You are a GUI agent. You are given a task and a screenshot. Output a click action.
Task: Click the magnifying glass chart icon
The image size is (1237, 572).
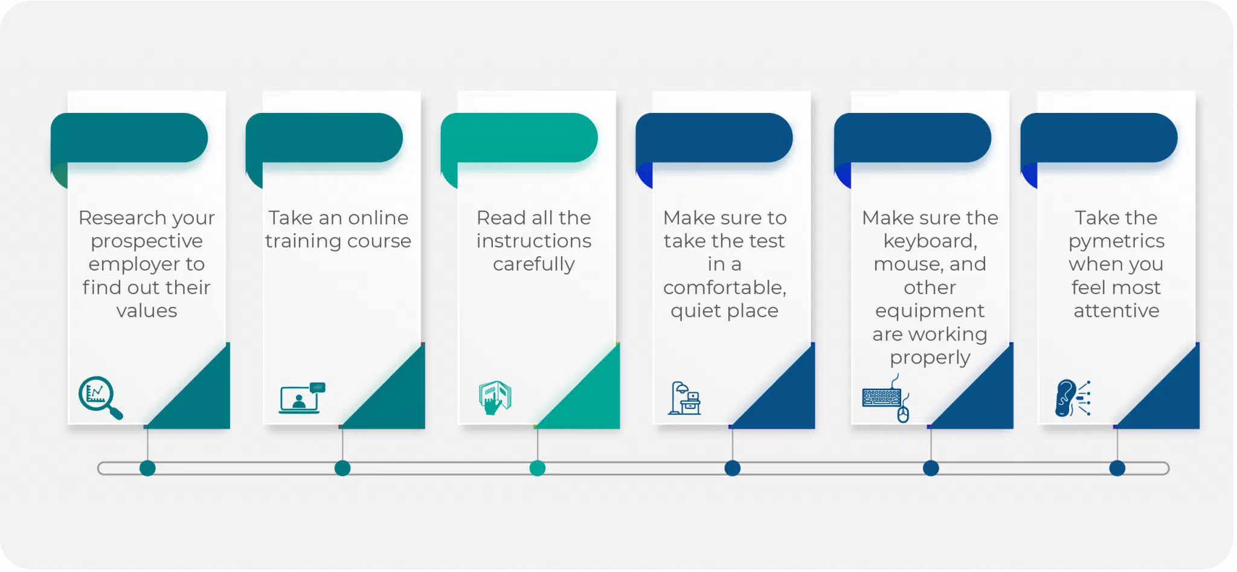click(x=100, y=397)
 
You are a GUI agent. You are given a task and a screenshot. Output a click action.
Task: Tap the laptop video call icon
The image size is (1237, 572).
click(x=301, y=397)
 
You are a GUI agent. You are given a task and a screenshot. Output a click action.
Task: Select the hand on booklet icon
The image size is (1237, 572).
click(x=495, y=397)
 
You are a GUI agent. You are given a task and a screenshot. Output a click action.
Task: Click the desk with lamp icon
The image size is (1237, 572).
click(x=684, y=398)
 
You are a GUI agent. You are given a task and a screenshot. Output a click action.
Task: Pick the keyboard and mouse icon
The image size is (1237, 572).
click(x=886, y=399)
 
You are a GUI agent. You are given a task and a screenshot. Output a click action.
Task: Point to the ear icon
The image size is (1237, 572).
click(x=1072, y=398)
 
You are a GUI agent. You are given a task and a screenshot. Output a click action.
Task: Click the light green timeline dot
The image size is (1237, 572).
click(x=538, y=468)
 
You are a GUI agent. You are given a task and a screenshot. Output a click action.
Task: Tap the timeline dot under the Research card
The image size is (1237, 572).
click(x=147, y=468)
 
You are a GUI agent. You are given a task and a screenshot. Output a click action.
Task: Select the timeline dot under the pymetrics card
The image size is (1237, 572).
click(x=1117, y=468)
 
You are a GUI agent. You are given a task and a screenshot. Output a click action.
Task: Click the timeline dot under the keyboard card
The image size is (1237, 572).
click(x=931, y=468)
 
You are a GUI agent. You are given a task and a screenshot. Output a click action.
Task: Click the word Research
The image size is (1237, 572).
click(x=122, y=217)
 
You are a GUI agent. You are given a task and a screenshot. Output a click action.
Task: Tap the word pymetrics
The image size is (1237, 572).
click(x=1116, y=242)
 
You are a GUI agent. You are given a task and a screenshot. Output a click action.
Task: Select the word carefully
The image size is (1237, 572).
click(x=534, y=265)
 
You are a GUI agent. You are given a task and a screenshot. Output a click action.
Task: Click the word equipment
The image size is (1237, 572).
click(x=930, y=312)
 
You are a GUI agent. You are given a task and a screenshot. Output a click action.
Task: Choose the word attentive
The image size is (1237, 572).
click(x=1116, y=310)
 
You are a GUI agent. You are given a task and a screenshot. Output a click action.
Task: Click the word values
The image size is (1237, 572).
click(x=147, y=310)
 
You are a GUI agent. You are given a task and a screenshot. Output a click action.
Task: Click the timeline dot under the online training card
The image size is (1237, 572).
click(x=342, y=468)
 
